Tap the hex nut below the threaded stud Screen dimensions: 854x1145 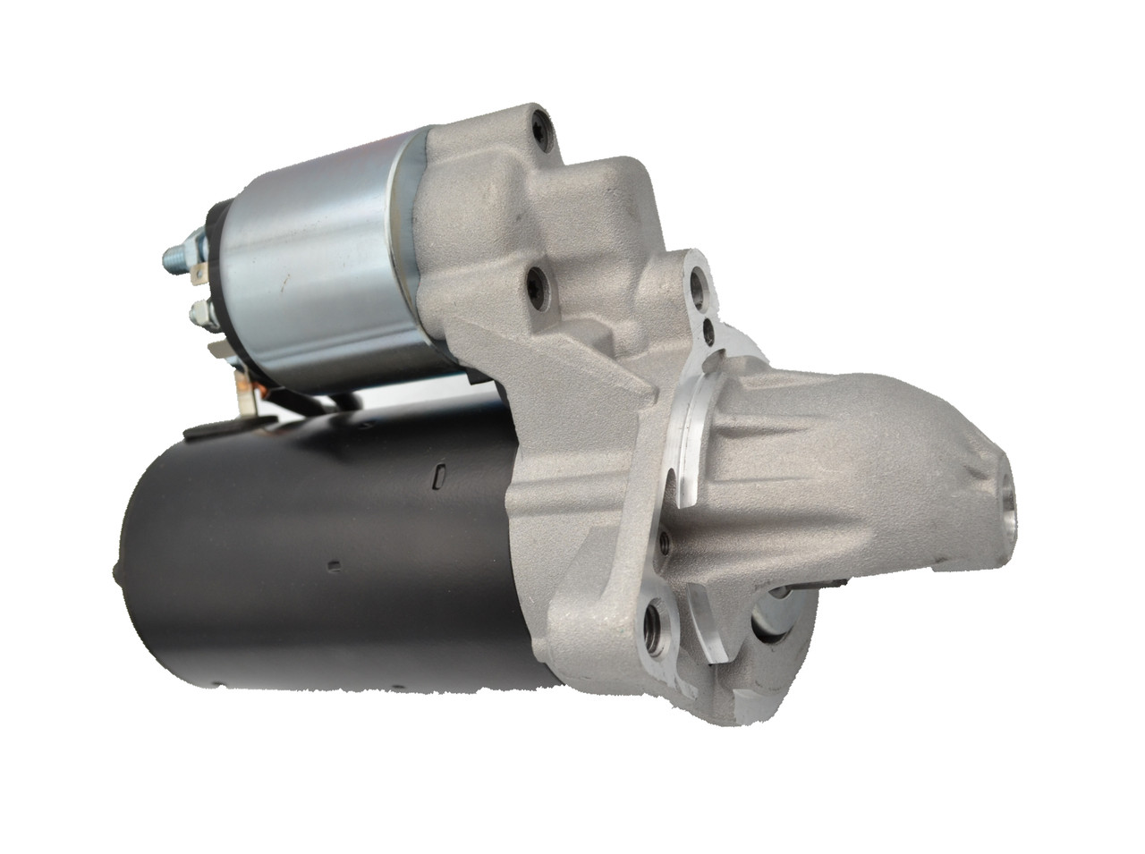pos(199,312)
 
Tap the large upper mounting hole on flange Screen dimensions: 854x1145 pos(698,287)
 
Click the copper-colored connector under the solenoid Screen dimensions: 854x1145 pos(244,392)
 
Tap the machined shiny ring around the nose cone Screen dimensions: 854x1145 pos(693,420)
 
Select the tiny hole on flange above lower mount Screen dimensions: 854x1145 pos(663,540)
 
